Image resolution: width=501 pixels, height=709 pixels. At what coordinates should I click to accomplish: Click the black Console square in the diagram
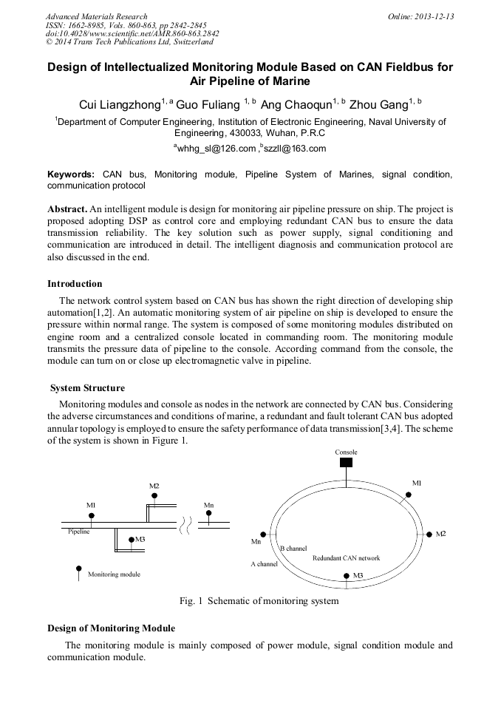coord(346,463)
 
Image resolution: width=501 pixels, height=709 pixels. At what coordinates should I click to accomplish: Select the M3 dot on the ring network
coord(345,574)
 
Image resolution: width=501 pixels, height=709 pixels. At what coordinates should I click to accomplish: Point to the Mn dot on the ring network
coord(262,532)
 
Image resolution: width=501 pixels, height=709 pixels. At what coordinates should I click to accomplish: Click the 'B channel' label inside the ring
coord(293,549)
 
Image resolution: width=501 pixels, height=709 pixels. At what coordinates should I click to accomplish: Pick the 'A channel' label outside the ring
coord(264,564)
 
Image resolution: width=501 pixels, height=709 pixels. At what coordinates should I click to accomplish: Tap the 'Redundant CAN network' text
coord(347,558)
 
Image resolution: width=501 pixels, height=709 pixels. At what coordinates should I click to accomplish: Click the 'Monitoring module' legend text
coord(114,574)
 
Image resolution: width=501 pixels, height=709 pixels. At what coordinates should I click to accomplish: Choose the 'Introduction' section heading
coord(75,283)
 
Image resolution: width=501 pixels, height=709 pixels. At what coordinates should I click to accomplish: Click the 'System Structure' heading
coord(87,388)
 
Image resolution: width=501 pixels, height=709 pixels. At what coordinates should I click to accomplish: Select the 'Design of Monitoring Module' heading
coord(111,628)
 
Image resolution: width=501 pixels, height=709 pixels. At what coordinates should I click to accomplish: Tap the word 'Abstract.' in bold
coord(67,208)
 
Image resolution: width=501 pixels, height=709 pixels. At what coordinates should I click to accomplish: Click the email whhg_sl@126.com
coord(215,149)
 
